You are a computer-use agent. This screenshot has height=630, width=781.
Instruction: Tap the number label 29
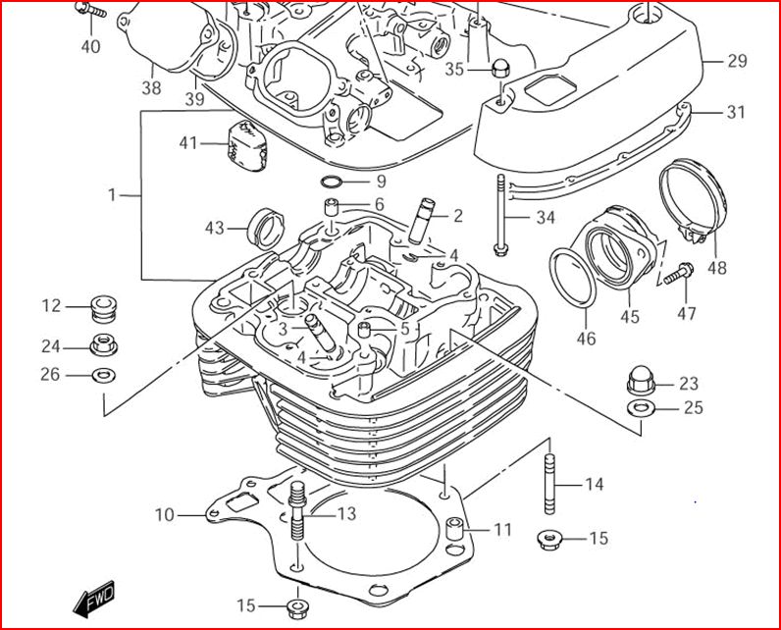click(737, 61)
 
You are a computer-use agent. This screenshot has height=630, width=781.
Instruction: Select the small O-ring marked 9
click(332, 182)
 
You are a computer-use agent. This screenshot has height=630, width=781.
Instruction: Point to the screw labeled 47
click(678, 274)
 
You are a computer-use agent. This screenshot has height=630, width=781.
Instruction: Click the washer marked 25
click(640, 407)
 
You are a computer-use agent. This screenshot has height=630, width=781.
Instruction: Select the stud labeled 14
click(550, 482)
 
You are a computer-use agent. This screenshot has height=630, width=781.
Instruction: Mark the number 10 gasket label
click(164, 514)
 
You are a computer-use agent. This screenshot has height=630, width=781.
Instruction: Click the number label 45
click(629, 316)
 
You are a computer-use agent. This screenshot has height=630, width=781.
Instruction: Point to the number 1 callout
click(111, 195)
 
